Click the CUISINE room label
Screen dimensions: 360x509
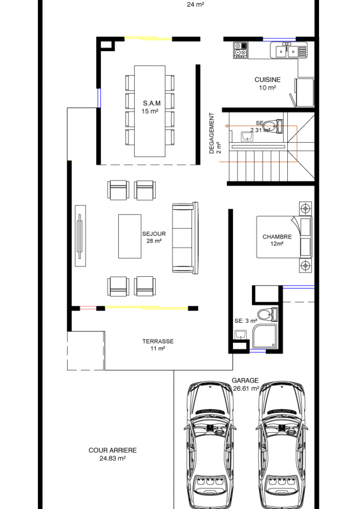tap(267, 80)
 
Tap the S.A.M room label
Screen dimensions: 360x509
tap(152, 103)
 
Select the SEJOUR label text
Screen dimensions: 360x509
tap(154, 234)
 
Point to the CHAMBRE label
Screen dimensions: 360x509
tap(277, 237)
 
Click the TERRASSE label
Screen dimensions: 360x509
tap(158, 341)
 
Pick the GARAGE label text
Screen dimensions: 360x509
tap(246, 380)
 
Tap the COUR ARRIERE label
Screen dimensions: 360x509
tap(113, 450)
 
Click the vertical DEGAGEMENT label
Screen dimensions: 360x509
tap(212, 133)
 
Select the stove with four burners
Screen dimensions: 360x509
tap(240, 50)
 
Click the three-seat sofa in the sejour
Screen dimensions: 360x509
tap(185, 238)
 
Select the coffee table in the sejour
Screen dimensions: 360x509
tap(130, 236)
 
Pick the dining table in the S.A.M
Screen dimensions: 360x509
tap(150, 111)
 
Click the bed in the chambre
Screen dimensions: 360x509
tap(284, 237)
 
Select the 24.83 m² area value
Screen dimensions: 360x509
tap(113, 459)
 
